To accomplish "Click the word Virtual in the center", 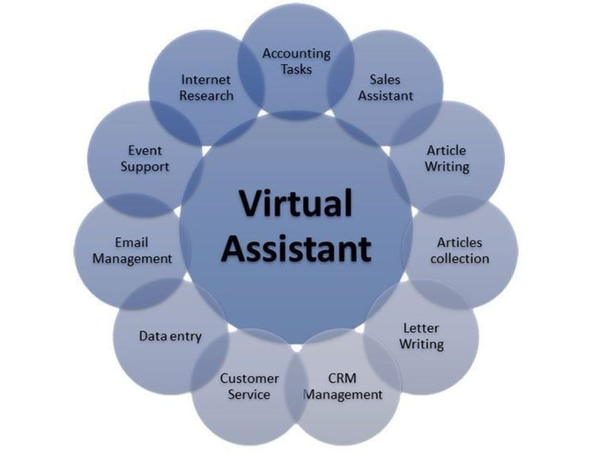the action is pyautogui.click(x=296, y=203).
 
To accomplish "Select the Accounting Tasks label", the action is pyautogui.click(x=296, y=61).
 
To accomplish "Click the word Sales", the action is pyautogui.click(x=385, y=79).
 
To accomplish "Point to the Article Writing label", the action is pyautogui.click(x=447, y=158).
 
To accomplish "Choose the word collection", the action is pyautogui.click(x=460, y=258).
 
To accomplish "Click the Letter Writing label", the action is pyautogui.click(x=421, y=336).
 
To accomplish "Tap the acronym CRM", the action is pyautogui.click(x=342, y=378).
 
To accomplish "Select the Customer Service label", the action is pyautogui.click(x=249, y=386).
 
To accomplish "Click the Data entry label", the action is pyautogui.click(x=170, y=336).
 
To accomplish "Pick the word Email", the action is pyautogui.click(x=131, y=243).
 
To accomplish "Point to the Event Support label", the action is pyautogui.click(x=145, y=158).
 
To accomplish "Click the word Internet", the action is pyautogui.click(x=206, y=79).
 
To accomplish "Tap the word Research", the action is pyautogui.click(x=206, y=96).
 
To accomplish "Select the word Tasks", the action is pyautogui.click(x=296, y=70).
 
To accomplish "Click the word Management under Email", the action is pyautogui.click(x=132, y=258).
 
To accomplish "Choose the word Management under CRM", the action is pyautogui.click(x=343, y=395).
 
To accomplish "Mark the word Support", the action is pyautogui.click(x=145, y=167).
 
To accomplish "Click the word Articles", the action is pyautogui.click(x=459, y=243).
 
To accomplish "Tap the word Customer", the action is pyautogui.click(x=249, y=378).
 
